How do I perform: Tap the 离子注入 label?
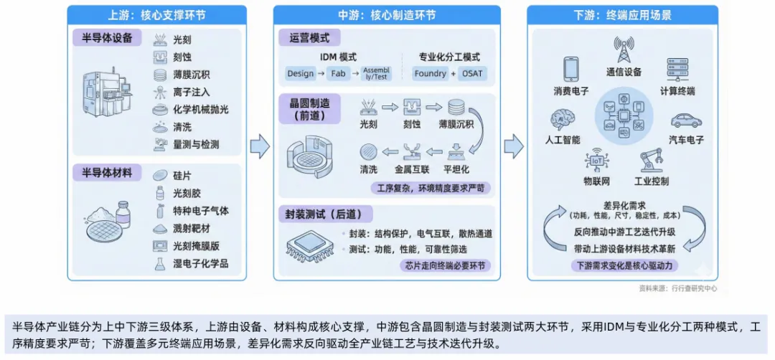tap(191, 92)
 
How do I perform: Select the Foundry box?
tap(430, 73)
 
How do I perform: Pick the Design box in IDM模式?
tap(300, 73)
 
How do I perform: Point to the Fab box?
tap(338, 73)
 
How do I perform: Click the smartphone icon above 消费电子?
tap(570, 69)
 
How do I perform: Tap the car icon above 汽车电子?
tap(686, 120)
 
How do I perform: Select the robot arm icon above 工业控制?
tap(650, 160)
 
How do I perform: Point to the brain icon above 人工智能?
tap(561, 120)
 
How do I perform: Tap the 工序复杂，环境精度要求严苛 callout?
tap(433, 188)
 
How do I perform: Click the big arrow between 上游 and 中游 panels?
tap(259, 147)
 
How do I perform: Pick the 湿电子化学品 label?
tap(200, 264)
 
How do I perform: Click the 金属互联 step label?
tap(411, 170)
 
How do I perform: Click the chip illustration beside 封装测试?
tap(310, 245)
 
